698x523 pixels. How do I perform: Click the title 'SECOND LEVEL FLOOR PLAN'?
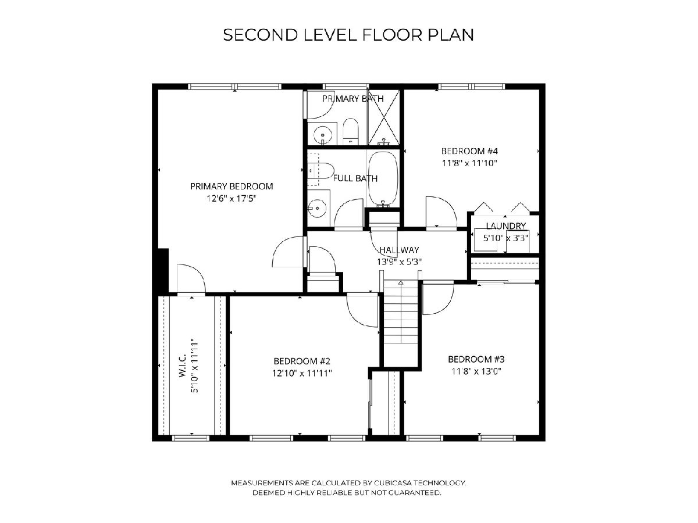[348, 35]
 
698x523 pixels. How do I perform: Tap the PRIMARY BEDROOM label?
[232, 187]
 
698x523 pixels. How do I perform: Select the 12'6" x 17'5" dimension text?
[232, 199]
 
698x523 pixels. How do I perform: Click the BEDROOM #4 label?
[469, 151]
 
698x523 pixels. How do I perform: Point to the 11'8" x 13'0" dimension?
[476, 371]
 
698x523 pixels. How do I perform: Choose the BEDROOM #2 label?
[302, 361]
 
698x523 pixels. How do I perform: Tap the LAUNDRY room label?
[505, 226]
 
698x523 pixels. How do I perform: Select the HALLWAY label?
[399, 250]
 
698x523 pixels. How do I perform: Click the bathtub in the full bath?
[383, 180]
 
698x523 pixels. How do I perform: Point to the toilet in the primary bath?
[351, 131]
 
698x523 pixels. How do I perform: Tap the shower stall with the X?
[383, 117]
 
